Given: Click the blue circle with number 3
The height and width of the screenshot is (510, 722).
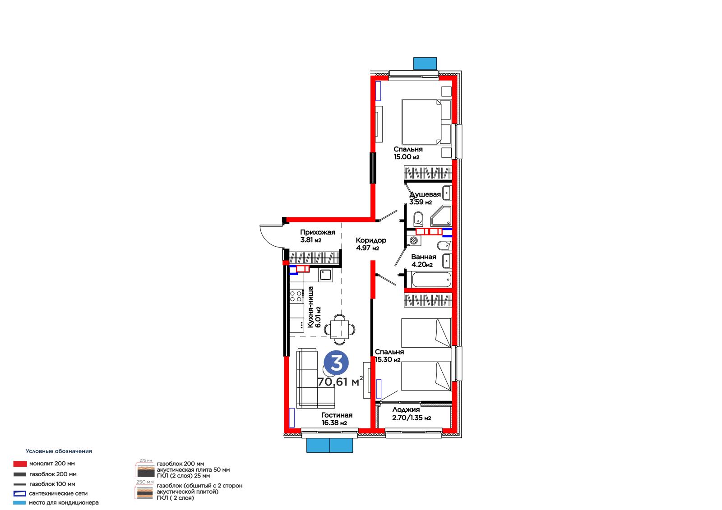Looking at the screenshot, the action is click(x=336, y=363).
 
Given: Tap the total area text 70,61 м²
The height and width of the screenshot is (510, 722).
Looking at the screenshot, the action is click(x=340, y=381).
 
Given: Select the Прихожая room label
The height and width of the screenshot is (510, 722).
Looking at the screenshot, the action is click(x=318, y=232).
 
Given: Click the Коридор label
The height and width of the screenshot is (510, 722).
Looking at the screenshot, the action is click(x=370, y=240).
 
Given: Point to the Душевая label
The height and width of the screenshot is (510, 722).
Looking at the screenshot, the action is click(x=425, y=194).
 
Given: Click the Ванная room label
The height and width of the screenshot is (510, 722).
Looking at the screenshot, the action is click(x=424, y=257).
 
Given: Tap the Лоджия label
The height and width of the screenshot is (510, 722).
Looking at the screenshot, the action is click(x=406, y=410).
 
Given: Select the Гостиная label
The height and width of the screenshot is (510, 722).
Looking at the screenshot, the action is click(x=337, y=415).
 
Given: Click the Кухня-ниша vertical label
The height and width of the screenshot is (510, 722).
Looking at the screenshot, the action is click(x=310, y=307).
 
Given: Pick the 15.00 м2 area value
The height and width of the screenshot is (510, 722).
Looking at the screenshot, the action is click(x=406, y=157).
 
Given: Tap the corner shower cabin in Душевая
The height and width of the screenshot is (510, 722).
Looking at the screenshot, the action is click(x=441, y=215).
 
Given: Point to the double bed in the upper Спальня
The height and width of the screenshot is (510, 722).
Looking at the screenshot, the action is click(x=426, y=122).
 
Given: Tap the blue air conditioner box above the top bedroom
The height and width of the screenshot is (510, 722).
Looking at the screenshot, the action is click(x=425, y=64).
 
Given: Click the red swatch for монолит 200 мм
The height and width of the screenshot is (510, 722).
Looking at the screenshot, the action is click(x=20, y=464).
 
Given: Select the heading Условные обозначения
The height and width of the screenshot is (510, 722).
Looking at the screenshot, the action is click(x=59, y=451).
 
